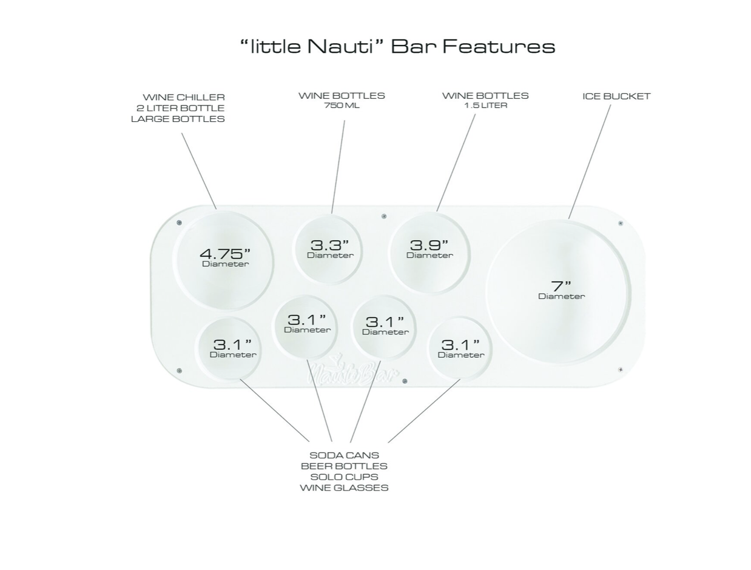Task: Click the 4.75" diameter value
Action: tap(224, 254)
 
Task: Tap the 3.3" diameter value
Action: tap(329, 245)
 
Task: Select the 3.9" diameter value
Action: tap(429, 245)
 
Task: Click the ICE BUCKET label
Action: tap(616, 96)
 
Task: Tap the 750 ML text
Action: tap(342, 106)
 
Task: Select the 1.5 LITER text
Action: tap(485, 106)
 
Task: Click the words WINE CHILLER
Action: tap(184, 97)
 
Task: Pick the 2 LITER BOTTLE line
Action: tap(180, 108)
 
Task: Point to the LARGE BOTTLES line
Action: tap(178, 119)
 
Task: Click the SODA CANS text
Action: tap(344, 455)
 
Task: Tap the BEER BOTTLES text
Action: tap(344, 466)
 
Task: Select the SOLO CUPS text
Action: tap(344, 477)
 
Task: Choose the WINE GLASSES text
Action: tap(344, 488)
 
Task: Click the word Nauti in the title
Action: tap(340, 46)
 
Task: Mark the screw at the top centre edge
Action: tap(383, 216)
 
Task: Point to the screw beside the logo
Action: tap(405, 381)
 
